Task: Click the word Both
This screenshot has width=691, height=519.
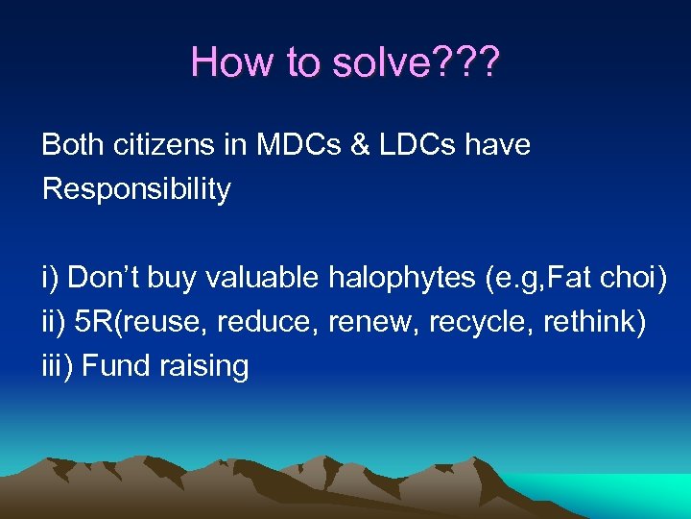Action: tap(72, 145)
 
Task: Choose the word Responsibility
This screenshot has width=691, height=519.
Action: tap(136, 189)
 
